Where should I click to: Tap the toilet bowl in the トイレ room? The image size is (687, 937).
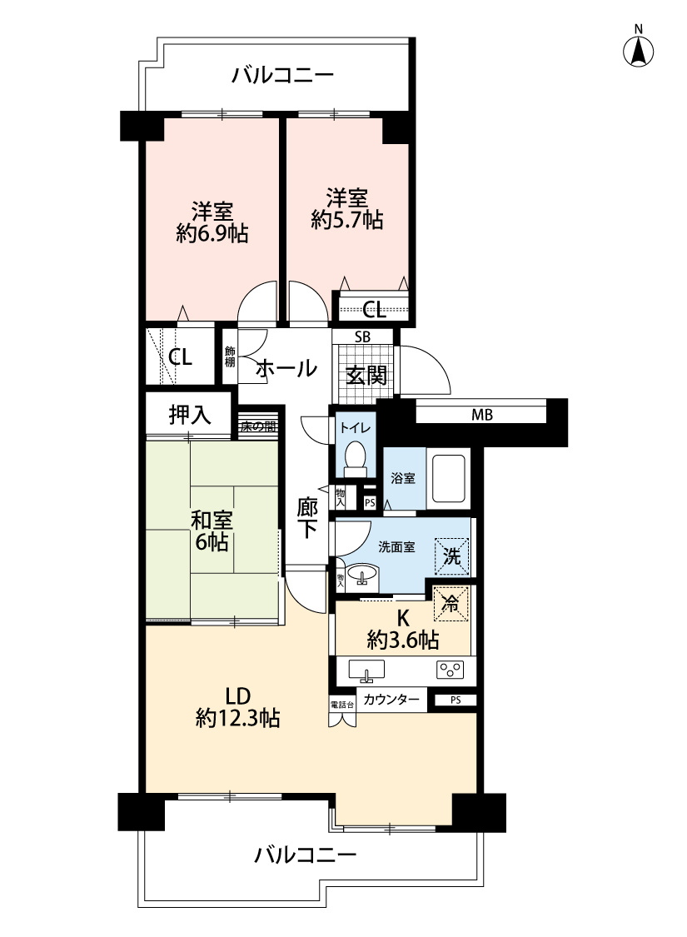(x=355, y=456)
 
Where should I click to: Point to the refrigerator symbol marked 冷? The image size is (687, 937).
(x=451, y=604)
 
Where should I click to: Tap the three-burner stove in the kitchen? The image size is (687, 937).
(x=450, y=670)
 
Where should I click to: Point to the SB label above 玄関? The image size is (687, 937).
(x=363, y=336)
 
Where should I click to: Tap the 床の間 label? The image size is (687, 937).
(x=258, y=426)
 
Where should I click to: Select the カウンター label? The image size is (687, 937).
(x=391, y=700)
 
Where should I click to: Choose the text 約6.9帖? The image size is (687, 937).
(x=212, y=234)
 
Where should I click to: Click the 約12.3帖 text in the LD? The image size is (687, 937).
(x=237, y=717)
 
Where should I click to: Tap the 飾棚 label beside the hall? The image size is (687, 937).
(x=230, y=356)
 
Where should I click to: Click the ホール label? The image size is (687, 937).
(x=286, y=366)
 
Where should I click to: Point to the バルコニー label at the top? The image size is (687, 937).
(x=283, y=77)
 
